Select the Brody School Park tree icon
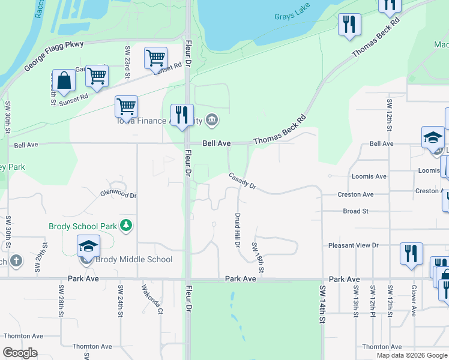[126, 226]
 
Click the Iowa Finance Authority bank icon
[211, 121]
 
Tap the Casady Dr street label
[242, 182]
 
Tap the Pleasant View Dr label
[353, 245]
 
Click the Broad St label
[355, 211]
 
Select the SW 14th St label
[322, 308]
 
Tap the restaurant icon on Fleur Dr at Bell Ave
[181, 115]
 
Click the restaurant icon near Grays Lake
[349, 25]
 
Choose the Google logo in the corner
[20, 353]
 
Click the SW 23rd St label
[127, 62]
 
